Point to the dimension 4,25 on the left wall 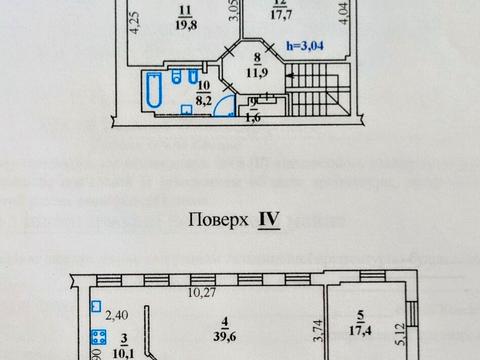pos(134,21)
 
